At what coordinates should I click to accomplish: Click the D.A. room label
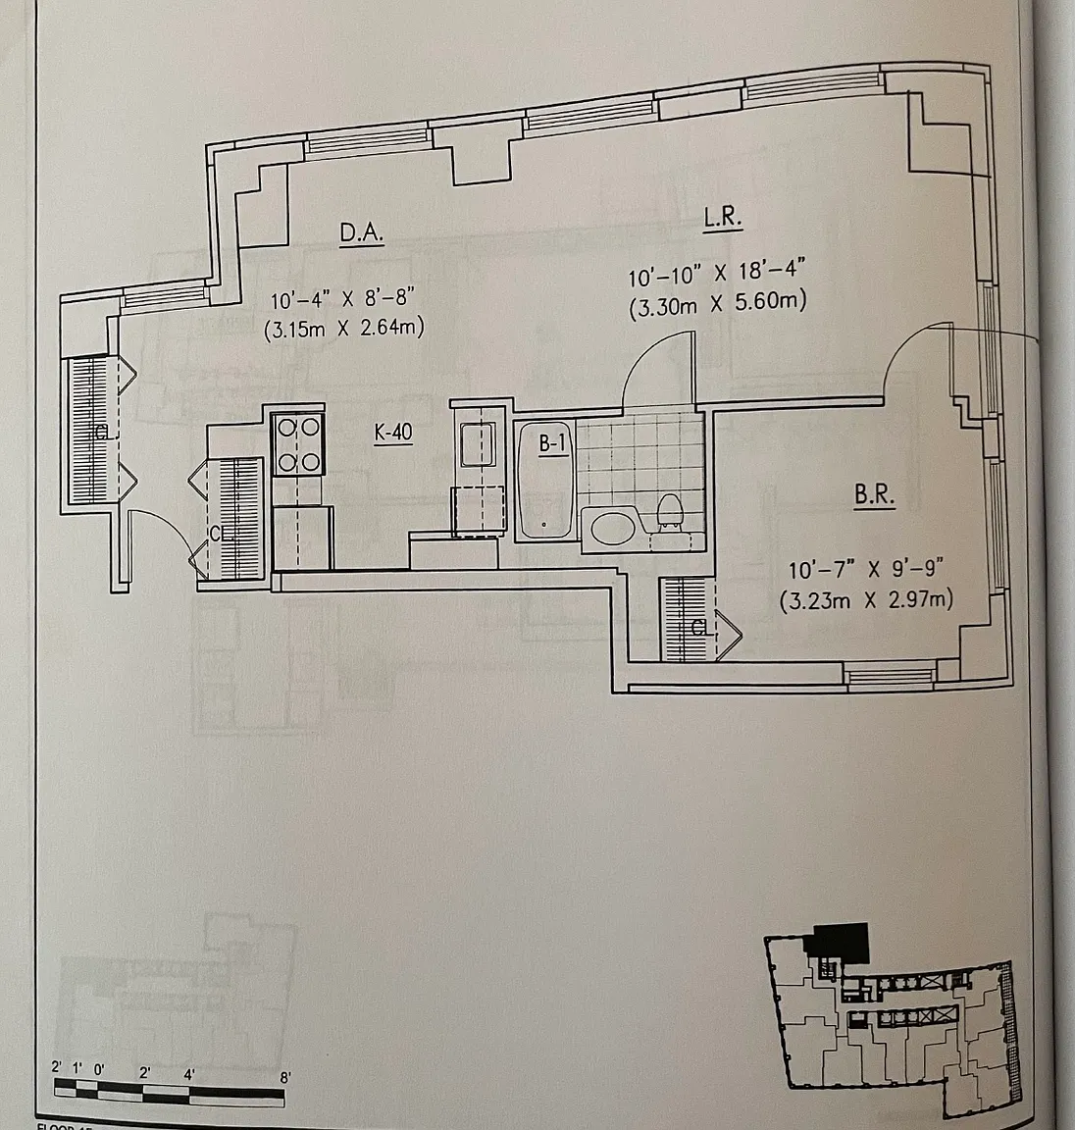pyautogui.click(x=360, y=232)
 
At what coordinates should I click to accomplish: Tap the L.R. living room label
pyautogui.click(x=722, y=218)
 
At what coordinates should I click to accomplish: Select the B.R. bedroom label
pyautogui.click(x=874, y=495)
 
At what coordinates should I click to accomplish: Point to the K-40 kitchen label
pyautogui.click(x=392, y=433)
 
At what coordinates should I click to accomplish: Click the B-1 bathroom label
pyautogui.click(x=553, y=443)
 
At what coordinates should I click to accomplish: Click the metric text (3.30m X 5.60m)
pyautogui.click(x=717, y=303)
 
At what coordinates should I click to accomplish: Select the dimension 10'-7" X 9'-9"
pyautogui.click(x=866, y=568)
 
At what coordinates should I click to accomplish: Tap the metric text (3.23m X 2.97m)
pyautogui.click(x=866, y=600)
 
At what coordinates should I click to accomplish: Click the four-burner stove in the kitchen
pyautogui.click(x=298, y=444)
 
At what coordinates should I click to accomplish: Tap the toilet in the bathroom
pyautogui.click(x=670, y=513)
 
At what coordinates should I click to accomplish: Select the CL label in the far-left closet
pyautogui.click(x=101, y=432)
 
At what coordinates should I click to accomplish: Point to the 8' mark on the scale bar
pyautogui.click(x=285, y=1075)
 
